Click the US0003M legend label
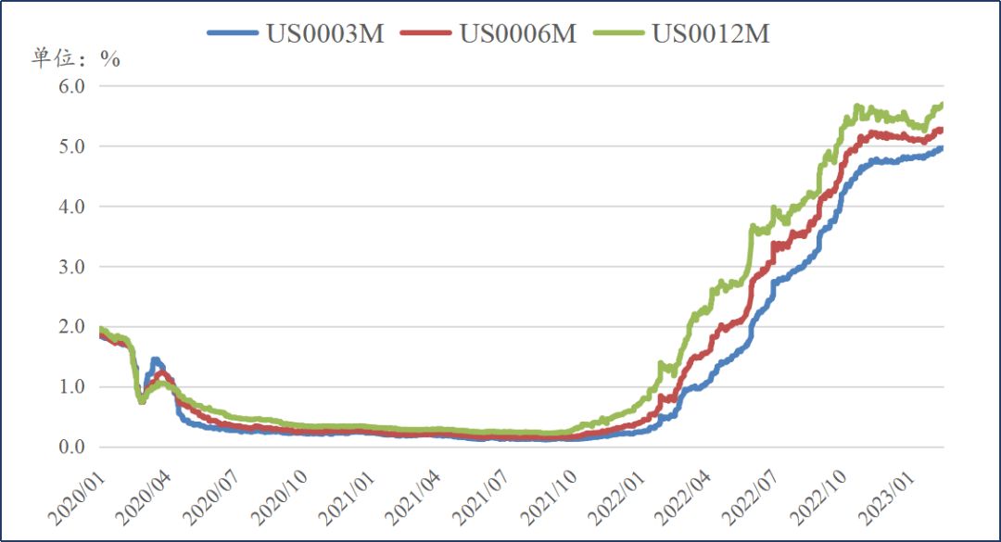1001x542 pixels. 325,33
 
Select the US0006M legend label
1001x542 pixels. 518,33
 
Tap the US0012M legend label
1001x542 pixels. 711,33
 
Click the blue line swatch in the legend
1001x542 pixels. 232,33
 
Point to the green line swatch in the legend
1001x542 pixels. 618,33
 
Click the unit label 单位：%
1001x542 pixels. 76,58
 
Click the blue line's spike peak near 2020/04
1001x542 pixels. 155,359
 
